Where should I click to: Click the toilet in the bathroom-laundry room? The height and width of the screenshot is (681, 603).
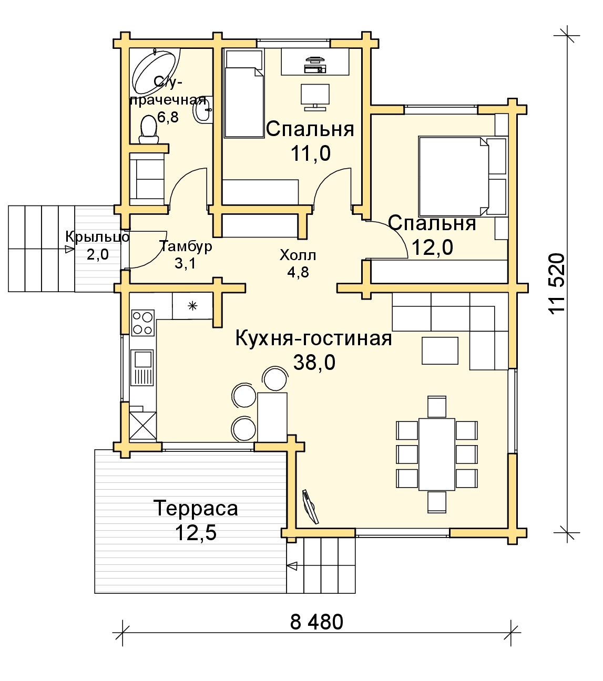coord(149,130)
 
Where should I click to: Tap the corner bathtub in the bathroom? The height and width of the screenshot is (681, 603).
coord(155,71)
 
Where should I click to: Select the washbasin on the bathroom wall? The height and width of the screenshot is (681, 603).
coord(202,109)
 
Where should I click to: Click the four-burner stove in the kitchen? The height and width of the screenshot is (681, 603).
coord(143,323)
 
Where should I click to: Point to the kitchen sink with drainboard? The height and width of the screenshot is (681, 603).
coord(144,368)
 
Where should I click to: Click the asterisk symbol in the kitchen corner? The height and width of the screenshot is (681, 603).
coord(192,306)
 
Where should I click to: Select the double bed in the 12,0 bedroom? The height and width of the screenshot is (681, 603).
coord(463,176)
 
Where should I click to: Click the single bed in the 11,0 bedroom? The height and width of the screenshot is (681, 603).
coord(243,94)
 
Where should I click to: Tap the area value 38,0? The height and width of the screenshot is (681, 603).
coord(314,363)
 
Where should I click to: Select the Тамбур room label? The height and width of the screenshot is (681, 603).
coord(186,246)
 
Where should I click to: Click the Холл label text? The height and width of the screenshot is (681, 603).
coord(298,255)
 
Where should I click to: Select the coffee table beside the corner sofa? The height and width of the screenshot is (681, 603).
coord(440,350)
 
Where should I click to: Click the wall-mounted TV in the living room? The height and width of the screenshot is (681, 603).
coord(310,507)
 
